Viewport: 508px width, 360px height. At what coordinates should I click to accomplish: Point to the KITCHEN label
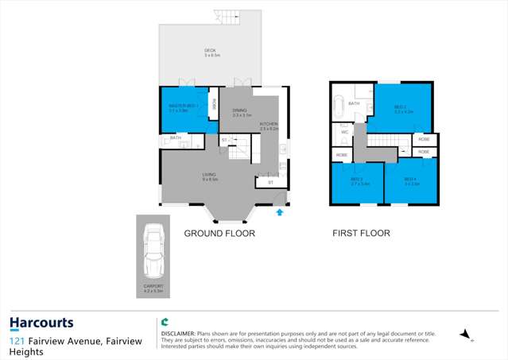(270, 126)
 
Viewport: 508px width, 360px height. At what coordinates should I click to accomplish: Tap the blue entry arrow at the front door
(279, 212)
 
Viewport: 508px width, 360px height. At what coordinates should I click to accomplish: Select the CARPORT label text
(153, 286)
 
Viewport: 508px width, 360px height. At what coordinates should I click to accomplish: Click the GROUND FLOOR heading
(219, 234)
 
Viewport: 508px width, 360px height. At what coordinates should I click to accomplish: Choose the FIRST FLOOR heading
(361, 234)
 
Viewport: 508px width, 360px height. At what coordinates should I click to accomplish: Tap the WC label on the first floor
(345, 132)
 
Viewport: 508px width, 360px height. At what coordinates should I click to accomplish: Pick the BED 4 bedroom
(410, 180)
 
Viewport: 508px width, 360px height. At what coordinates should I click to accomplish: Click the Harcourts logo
(41, 323)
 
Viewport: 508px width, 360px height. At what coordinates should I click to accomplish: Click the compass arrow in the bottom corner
(464, 335)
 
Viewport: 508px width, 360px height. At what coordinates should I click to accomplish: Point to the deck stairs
(228, 17)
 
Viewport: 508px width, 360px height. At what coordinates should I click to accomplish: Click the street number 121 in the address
(16, 341)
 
